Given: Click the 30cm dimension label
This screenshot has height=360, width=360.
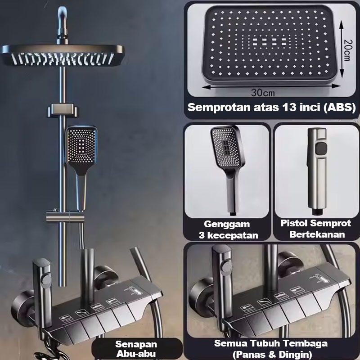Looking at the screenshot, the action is coord(263,93).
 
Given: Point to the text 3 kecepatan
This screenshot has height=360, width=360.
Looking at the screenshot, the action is coord(229,235).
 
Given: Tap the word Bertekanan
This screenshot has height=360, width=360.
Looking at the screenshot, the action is coord(317,234).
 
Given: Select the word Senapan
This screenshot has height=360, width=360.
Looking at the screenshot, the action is coord(136,344).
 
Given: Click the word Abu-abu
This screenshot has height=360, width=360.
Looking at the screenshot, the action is coord(136,354).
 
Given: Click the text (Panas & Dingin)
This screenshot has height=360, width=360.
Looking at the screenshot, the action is coord(272,354).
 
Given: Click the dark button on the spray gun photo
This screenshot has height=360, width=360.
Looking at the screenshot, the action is coord(321,148).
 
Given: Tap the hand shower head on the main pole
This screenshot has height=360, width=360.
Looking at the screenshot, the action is coord(81,146).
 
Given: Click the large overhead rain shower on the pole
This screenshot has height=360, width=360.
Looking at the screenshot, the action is coord(62,55).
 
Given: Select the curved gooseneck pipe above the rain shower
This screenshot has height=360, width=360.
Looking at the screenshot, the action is coord(62,23).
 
